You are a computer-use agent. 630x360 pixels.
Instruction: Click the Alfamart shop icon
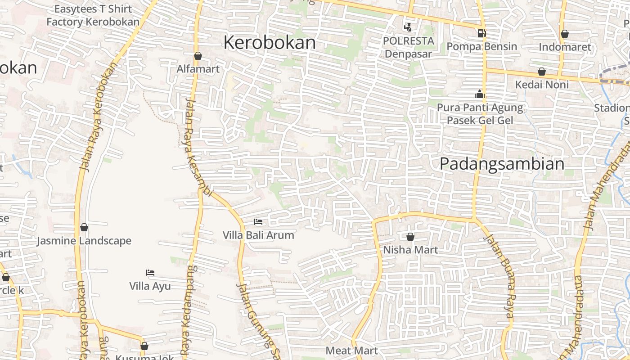[x=198, y=56]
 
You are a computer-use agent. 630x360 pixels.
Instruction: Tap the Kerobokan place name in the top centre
[x=270, y=43]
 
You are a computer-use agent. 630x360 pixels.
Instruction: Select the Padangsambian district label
[x=502, y=164]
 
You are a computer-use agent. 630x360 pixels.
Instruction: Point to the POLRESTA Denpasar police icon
[x=408, y=27]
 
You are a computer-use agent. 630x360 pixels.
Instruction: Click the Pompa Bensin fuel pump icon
[x=481, y=33]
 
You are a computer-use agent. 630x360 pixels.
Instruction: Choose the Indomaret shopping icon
[x=564, y=34]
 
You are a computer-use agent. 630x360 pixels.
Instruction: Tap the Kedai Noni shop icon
[x=542, y=72]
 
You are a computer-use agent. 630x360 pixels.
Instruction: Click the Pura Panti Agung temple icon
[x=479, y=94]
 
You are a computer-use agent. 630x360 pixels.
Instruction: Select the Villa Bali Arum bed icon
[x=258, y=221]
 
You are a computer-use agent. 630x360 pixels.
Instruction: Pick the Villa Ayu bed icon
[x=150, y=272]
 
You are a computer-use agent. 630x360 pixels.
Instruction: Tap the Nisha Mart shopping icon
[x=410, y=236]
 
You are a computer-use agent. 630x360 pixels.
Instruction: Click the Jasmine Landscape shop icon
[x=84, y=227]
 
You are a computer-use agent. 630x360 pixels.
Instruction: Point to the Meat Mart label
[x=351, y=350]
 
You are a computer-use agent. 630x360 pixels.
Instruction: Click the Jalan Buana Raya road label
[x=499, y=276]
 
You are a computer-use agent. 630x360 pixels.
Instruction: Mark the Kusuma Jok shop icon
[x=144, y=346]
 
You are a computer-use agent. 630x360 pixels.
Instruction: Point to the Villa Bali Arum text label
[x=258, y=235]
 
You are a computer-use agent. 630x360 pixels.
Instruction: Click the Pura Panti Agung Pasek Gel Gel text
[x=480, y=114]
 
